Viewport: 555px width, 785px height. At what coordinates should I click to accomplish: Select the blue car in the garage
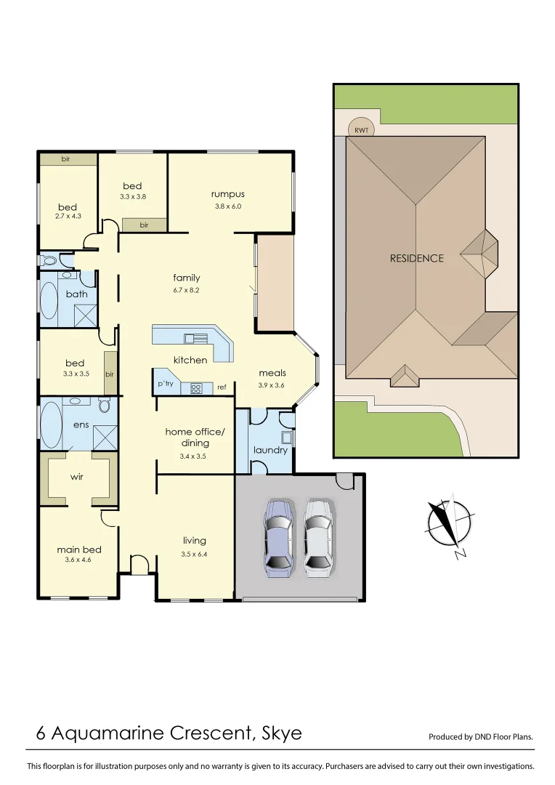tap(279, 537)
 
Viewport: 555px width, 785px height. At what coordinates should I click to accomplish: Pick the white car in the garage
tap(318, 537)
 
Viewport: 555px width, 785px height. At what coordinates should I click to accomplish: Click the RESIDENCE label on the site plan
tap(416, 258)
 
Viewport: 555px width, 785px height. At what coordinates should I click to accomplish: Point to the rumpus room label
tap(227, 194)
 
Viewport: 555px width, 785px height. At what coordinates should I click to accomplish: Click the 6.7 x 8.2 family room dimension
tap(187, 289)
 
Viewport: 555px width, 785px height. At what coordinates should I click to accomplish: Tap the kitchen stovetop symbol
tap(196, 388)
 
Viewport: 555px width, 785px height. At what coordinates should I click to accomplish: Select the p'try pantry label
tap(166, 384)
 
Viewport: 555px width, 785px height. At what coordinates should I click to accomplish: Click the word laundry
tap(270, 450)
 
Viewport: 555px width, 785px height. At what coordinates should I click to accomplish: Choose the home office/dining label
tap(195, 437)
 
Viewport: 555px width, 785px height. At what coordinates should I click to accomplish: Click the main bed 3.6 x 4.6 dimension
tap(78, 560)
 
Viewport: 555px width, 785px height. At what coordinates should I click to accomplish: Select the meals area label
tap(272, 373)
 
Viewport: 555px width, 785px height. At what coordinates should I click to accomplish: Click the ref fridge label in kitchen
tap(222, 387)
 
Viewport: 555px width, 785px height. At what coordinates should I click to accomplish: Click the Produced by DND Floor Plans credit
tap(480, 736)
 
